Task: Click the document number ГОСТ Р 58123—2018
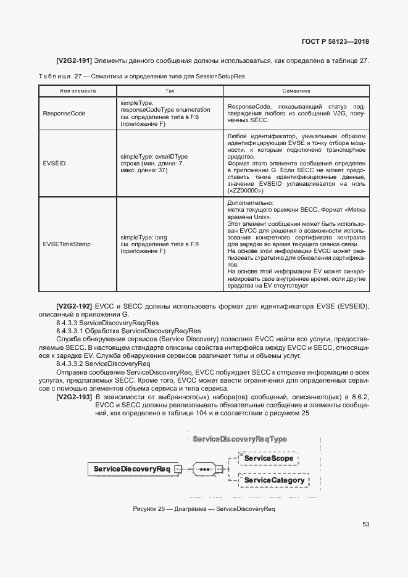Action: point(335,42)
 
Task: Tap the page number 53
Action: point(365,525)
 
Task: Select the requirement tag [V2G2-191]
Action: point(74,60)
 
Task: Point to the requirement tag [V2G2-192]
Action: point(74,306)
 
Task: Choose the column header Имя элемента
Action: point(77,90)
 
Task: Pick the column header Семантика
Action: point(296,90)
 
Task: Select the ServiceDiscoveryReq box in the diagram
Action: point(131,469)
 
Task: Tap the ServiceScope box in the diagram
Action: point(269,459)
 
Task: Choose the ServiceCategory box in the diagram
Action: point(274,480)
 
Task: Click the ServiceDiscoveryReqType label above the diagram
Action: point(239,439)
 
